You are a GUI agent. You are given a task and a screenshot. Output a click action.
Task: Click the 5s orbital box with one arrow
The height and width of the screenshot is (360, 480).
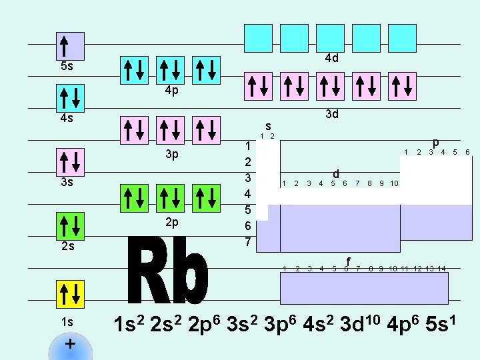(70, 46)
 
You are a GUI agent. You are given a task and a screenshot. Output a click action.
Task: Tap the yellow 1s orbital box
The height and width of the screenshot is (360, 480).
(70, 294)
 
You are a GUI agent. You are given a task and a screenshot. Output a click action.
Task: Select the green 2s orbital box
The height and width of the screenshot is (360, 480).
(70, 226)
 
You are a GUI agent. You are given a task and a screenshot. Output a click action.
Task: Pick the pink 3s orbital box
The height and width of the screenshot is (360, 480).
(70, 162)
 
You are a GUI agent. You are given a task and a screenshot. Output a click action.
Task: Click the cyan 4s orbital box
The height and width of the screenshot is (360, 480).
(70, 98)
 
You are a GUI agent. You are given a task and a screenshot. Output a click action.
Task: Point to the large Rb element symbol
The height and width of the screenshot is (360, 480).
(168, 270)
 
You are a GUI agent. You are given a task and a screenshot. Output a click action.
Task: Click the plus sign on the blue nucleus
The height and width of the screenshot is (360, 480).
(70, 344)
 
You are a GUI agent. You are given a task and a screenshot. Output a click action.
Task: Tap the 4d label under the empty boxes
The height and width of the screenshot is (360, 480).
(332, 58)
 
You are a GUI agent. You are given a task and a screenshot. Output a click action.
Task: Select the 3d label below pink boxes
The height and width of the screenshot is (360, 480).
(332, 114)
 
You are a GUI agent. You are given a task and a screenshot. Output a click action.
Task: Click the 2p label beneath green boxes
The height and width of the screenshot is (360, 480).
(172, 223)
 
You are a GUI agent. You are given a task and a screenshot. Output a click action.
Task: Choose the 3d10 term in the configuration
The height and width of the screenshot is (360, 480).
(360, 323)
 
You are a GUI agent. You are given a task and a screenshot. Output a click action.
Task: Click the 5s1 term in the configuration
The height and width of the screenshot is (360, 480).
(441, 323)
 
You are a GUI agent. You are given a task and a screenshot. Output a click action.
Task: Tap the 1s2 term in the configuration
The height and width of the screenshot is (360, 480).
(129, 323)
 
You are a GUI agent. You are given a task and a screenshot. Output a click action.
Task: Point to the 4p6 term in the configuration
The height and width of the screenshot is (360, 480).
(403, 323)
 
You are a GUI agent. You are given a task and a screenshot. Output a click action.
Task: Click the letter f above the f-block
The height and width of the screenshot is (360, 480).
(348, 261)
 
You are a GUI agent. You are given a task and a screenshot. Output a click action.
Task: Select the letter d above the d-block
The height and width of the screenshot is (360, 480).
(336, 174)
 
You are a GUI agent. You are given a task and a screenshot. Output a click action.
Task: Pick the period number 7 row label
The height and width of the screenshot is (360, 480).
(248, 242)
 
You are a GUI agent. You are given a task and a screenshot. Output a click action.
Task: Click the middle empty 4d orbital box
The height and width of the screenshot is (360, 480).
(330, 38)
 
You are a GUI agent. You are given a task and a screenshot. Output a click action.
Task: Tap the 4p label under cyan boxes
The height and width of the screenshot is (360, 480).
(172, 90)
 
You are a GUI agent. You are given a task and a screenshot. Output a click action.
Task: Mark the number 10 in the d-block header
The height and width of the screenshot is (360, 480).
(394, 183)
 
